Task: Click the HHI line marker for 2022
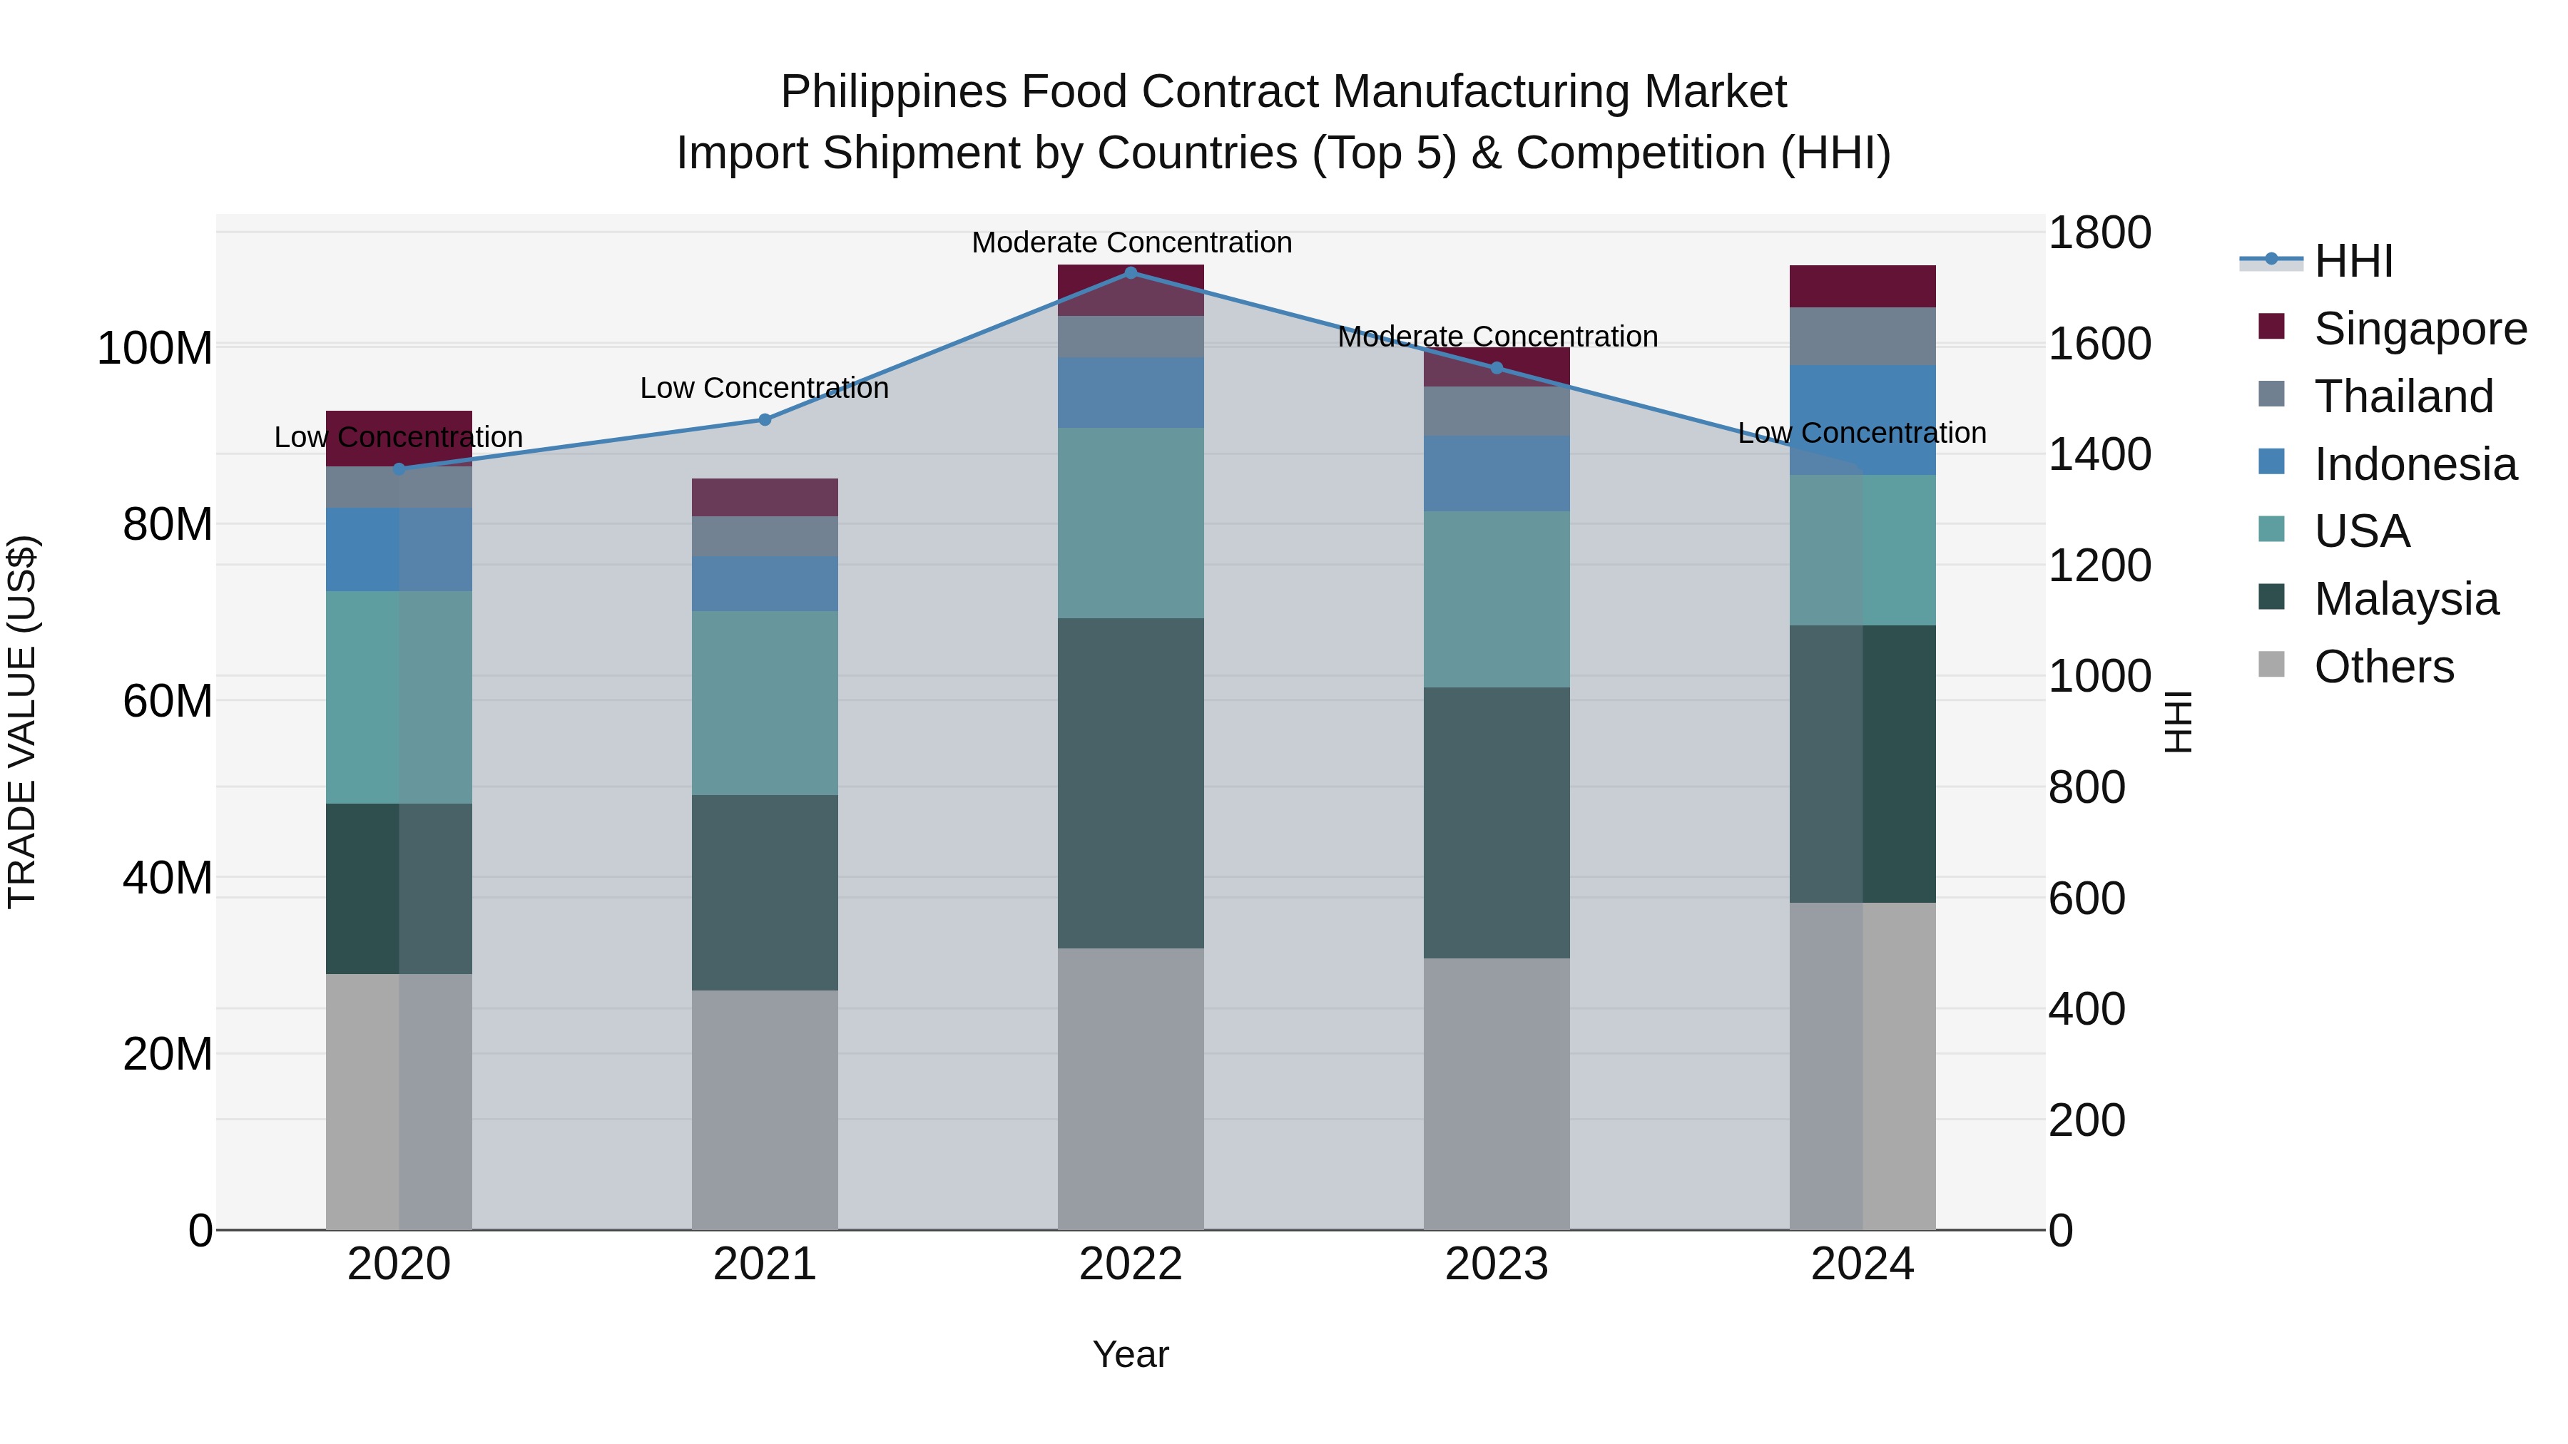pos(1131,272)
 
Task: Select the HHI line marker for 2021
pos(765,419)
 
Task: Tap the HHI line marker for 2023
pos(1497,368)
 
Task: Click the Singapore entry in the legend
pos(2420,329)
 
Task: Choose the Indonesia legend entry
pos(2415,464)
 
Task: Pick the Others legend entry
pos(2383,667)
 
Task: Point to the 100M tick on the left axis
pos(155,349)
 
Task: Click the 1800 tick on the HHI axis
pos(2099,233)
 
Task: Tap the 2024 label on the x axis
pos(1863,1264)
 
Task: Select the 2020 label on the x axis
pos(399,1264)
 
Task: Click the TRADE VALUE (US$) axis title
pos(22,722)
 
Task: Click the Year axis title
pos(1131,1354)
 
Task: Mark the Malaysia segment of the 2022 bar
pos(1131,782)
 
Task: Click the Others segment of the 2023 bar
pos(1497,1093)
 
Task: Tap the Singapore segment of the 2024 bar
pos(1863,286)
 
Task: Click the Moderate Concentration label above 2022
pos(1131,242)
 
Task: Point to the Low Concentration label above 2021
pos(765,388)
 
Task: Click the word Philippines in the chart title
pos(893,92)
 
